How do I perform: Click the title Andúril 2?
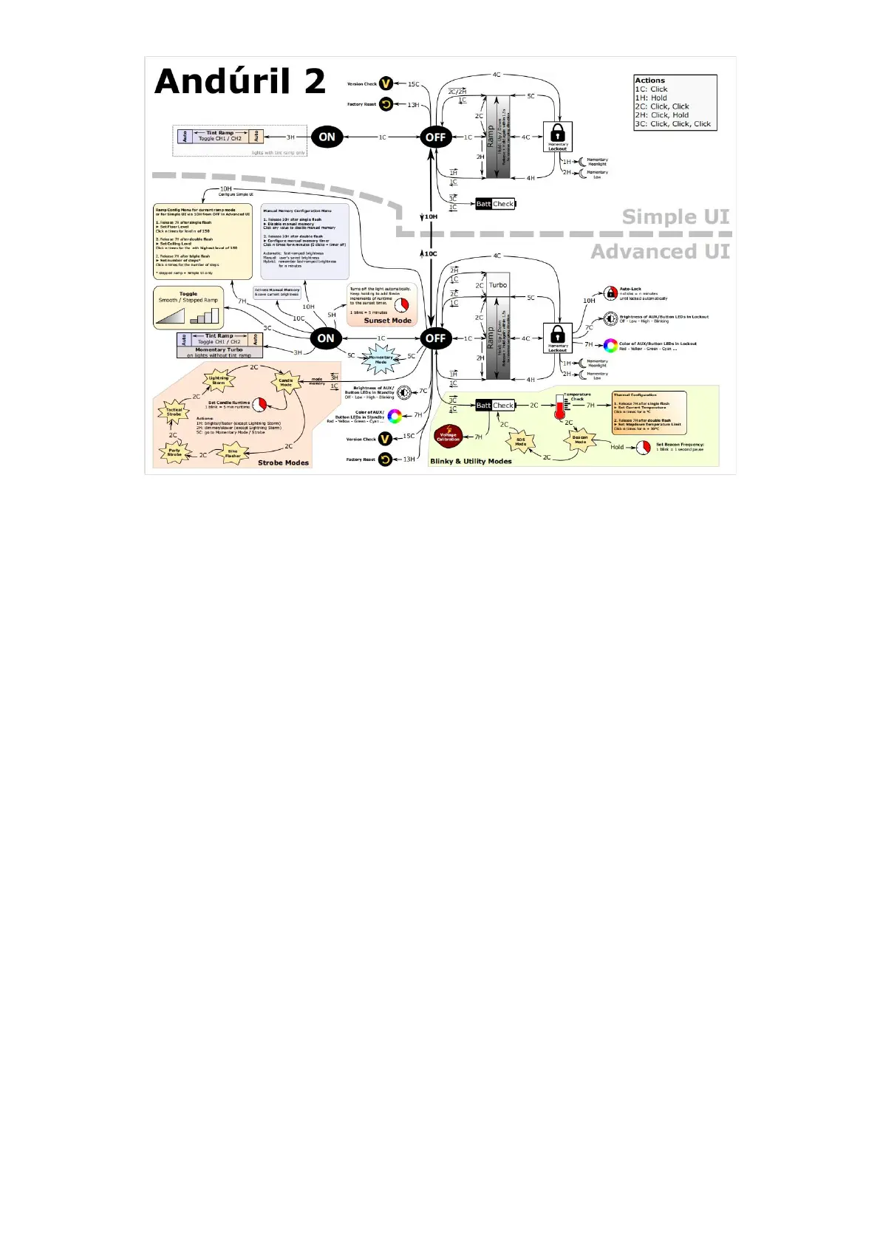tap(240, 81)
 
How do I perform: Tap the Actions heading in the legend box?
tap(650, 81)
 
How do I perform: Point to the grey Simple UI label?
tap(675, 217)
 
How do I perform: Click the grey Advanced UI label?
tap(660, 252)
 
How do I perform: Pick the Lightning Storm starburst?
tap(219, 380)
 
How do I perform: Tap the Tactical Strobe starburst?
tap(174, 412)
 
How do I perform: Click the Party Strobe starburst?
tap(174, 452)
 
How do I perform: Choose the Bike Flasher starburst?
tap(233, 454)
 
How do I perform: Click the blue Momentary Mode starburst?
tap(381, 360)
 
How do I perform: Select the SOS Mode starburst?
tap(520, 442)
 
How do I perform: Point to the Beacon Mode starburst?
tap(580, 440)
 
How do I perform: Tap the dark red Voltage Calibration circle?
tap(448, 437)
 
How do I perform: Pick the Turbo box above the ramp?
tap(498, 285)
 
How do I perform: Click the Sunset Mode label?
tap(387, 321)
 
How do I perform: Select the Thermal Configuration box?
tap(649, 412)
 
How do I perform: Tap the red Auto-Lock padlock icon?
tap(610, 293)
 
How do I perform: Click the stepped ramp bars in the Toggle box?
tap(205, 316)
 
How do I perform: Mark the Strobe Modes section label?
tap(284, 462)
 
